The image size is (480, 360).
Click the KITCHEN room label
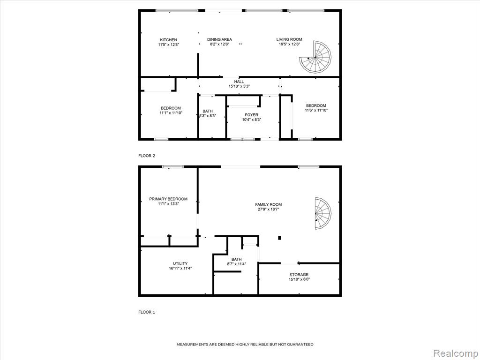pyautogui.click(x=168, y=40)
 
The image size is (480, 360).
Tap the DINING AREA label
pyautogui.click(x=219, y=39)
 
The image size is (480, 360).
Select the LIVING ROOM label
pyautogui.click(x=289, y=39)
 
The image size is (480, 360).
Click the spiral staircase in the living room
pyautogui.click(x=315, y=57)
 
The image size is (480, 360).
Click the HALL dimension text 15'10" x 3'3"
pyautogui.click(x=239, y=86)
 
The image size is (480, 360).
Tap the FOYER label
pyautogui.click(x=251, y=115)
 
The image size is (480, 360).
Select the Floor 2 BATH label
pyautogui.click(x=208, y=111)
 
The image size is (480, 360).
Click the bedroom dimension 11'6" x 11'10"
pyautogui.click(x=316, y=110)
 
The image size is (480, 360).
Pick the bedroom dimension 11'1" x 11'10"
pyautogui.click(x=171, y=112)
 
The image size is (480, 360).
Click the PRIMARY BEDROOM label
pyautogui.click(x=168, y=199)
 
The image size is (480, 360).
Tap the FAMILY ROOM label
pyautogui.click(x=269, y=204)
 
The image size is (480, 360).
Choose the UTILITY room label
pyautogui.click(x=180, y=263)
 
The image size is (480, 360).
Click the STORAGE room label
pyautogui.click(x=299, y=275)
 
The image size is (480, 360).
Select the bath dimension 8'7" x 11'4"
pyautogui.click(x=237, y=264)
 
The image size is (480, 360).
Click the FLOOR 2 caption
pyautogui.click(x=147, y=156)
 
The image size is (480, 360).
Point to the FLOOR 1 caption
pyautogui.click(x=147, y=312)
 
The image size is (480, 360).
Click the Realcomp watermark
pyautogui.click(x=455, y=353)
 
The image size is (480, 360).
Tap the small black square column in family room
pyautogui.click(x=279, y=238)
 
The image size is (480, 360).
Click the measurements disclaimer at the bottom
pyautogui.click(x=245, y=345)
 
